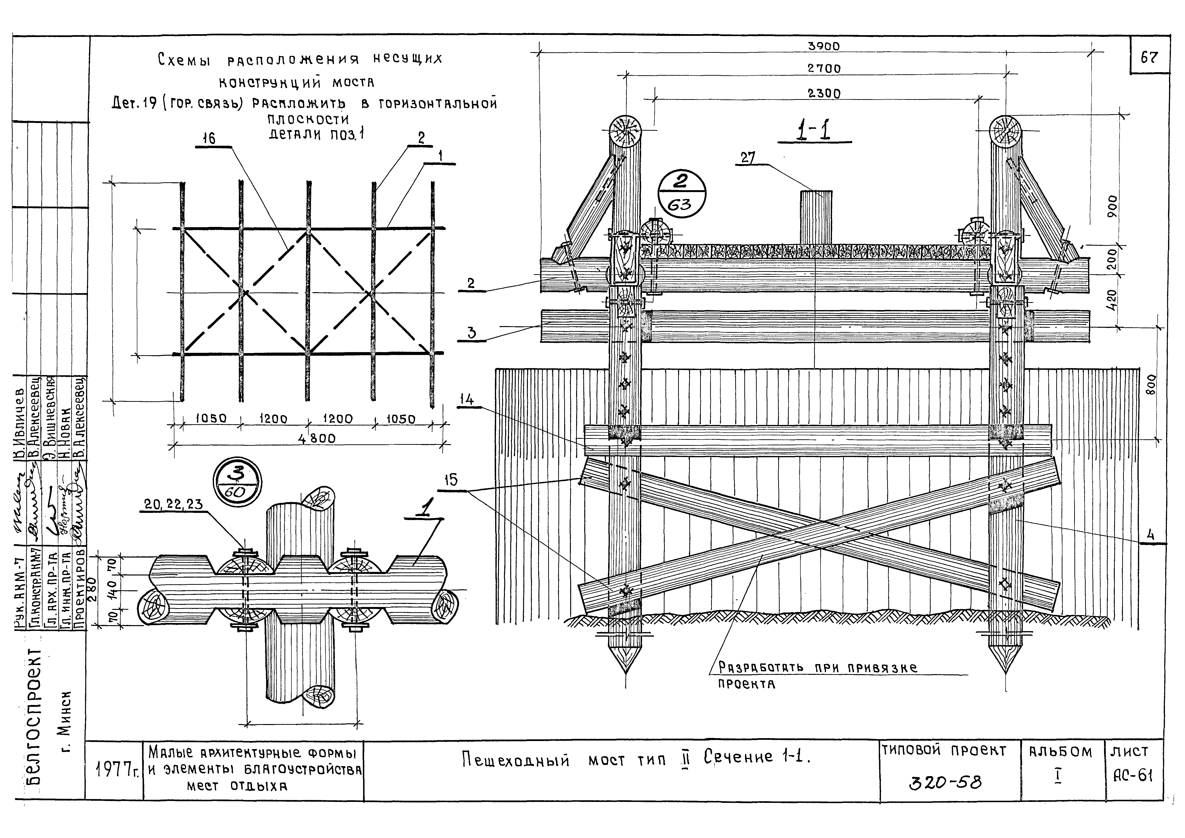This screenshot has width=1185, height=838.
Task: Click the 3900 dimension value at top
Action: [x=824, y=46]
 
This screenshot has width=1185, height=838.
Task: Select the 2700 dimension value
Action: [x=824, y=68]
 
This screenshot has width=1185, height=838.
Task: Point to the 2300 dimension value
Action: [x=824, y=93]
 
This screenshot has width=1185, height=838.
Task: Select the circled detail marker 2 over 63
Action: [x=681, y=196]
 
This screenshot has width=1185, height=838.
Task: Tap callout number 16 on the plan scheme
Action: [x=209, y=138]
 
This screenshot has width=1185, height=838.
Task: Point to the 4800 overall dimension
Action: [x=316, y=439]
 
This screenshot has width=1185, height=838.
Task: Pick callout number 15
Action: [x=450, y=480]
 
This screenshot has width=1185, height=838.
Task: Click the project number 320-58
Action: [x=945, y=783]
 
